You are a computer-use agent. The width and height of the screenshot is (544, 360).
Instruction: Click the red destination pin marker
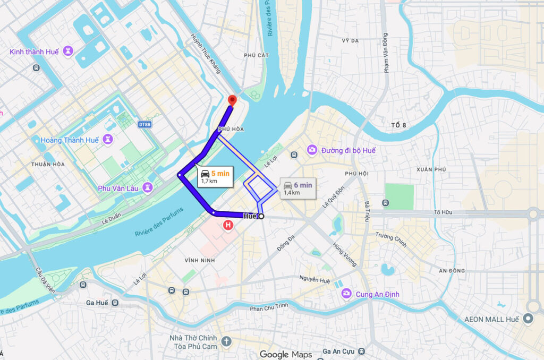[x=232, y=100]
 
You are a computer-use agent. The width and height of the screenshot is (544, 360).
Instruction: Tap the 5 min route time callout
[x=216, y=176]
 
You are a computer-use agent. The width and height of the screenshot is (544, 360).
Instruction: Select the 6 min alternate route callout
[x=298, y=188]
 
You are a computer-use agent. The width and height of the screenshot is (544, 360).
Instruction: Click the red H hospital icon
[x=228, y=226]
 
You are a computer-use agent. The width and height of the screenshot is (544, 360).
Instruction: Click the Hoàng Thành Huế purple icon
[x=108, y=140]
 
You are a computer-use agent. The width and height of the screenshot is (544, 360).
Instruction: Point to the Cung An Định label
[x=378, y=294]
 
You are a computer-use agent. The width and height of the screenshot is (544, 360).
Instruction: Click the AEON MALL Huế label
[x=491, y=319]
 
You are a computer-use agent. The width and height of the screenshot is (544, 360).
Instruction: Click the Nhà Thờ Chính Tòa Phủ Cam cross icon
[x=227, y=341]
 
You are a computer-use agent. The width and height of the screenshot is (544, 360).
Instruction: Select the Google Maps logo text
[x=286, y=354]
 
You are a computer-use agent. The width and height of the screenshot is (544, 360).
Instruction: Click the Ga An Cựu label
[x=339, y=352]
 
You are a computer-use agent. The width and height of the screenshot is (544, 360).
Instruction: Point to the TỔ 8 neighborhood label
[x=398, y=125]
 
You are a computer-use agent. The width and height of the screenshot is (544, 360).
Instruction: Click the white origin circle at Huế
[x=261, y=216]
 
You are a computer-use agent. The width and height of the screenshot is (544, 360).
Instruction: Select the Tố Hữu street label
[x=443, y=212]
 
